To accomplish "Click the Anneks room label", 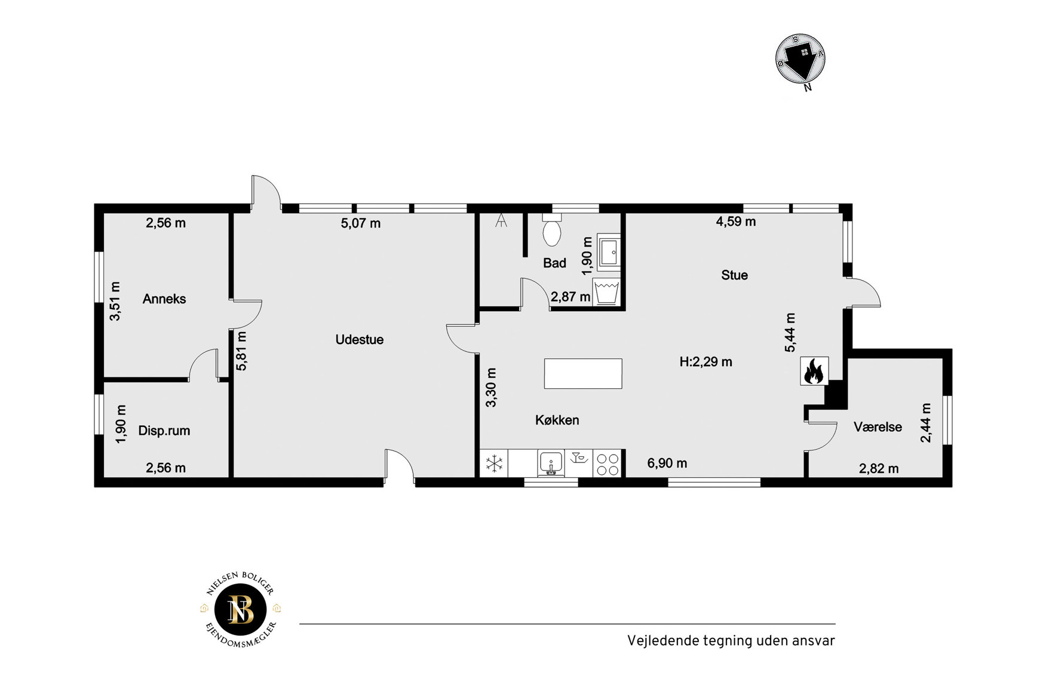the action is tap(164, 299).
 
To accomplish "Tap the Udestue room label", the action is tap(360, 339).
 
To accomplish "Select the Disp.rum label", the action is tap(164, 431).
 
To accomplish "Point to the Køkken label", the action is tap(557, 420).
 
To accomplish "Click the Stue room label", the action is tap(734, 275).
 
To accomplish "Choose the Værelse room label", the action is tap(878, 427).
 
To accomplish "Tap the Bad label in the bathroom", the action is tap(554, 263).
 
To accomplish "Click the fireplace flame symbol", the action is tap(814, 371).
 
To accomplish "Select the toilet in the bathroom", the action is tap(552, 230).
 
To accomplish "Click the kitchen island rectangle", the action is tap(583, 374).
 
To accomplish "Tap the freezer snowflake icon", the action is tap(495, 463).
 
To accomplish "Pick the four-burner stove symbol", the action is tap(608, 463).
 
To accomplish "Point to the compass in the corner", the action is tap(800, 59).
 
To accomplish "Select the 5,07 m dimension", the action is tap(361, 223).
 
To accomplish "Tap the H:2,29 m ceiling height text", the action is tap(706, 361).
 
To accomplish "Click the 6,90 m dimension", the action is tap(667, 463).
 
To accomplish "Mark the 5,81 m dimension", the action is tap(241, 351).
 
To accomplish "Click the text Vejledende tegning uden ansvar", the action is tap(731, 641).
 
